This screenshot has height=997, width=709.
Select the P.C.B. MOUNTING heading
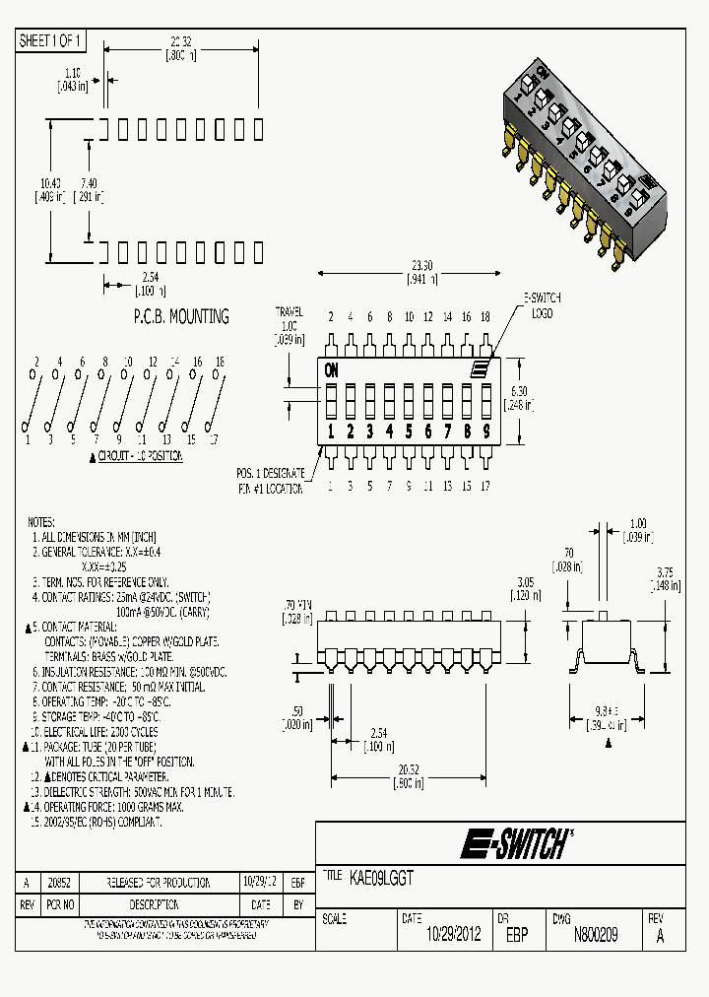[x=180, y=316]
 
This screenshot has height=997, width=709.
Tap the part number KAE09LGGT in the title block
[x=381, y=875]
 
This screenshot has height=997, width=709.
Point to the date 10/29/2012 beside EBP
[x=453, y=935]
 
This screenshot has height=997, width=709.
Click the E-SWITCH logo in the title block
[x=516, y=844]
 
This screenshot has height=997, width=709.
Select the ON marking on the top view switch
[x=332, y=371]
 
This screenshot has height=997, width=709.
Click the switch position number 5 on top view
[x=409, y=431]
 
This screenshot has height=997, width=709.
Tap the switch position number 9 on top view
[x=485, y=431]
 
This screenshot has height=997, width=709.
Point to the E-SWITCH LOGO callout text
[x=542, y=305]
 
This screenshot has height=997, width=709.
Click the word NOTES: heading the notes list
[x=41, y=522]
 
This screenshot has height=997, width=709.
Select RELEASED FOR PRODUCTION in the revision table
[x=160, y=883]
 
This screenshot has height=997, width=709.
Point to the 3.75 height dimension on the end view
[x=665, y=571]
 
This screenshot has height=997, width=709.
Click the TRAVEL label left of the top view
[x=289, y=311]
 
